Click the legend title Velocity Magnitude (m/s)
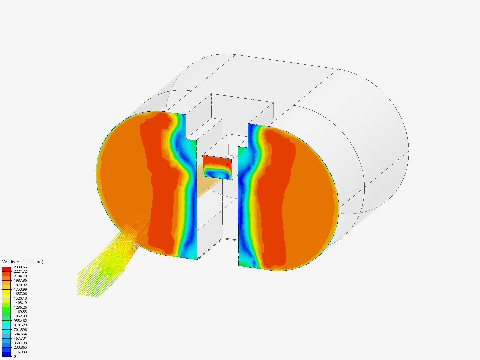pyautogui.click(x=23, y=262)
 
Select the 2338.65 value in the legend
pyautogui.click(x=20, y=267)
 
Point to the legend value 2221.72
pyautogui.click(x=20, y=271)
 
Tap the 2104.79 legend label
pyautogui.click(x=20, y=276)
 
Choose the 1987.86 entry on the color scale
pyautogui.click(x=20, y=280)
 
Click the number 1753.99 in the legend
pyautogui.click(x=20, y=289)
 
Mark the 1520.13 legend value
pyautogui.click(x=20, y=298)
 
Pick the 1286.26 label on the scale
pyautogui.click(x=20, y=307)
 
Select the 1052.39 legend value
pyautogui.click(x=20, y=316)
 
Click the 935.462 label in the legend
pyautogui.click(x=20, y=321)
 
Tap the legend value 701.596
pyautogui.click(x=20, y=330)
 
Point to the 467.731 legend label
pyautogui.click(x=20, y=338)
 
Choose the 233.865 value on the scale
pyautogui.click(x=20, y=347)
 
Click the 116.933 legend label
pyautogui.click(x=20, y=352)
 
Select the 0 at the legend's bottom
pyautogui.click(x=15, y=356)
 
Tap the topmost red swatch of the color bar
pyautogui.click(x=6, y=269)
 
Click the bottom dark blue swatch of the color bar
pyautogui.click(x=6, y=354)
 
